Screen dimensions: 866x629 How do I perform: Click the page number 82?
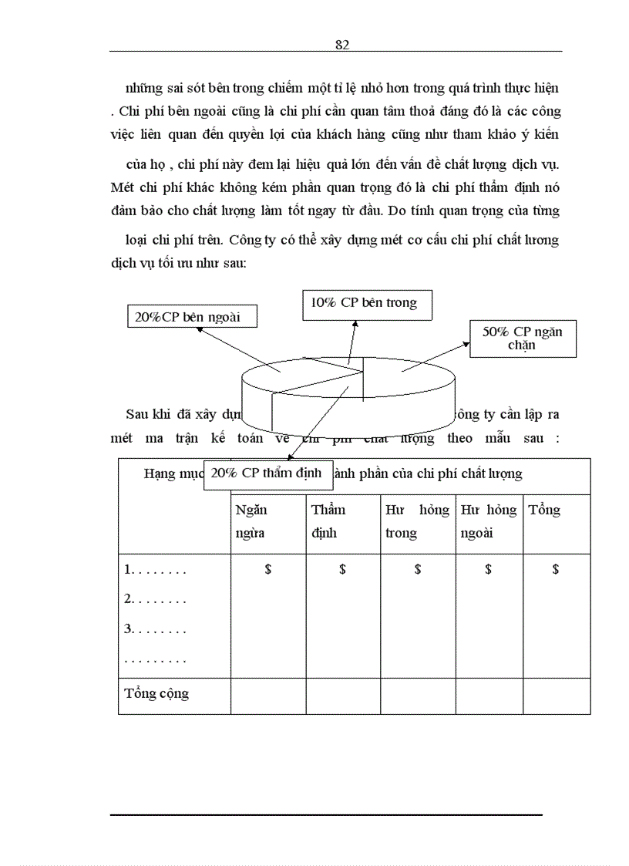(343, 45)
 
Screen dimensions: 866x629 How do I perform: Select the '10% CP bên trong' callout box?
(366, 303)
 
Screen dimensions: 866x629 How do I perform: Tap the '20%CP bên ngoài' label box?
(192, 316)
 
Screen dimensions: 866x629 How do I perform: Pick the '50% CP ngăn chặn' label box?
(523, 339)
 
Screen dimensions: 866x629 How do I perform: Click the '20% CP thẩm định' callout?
(267, 474)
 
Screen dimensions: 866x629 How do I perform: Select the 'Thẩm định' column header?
(329, 521)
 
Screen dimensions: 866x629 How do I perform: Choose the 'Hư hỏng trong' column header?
(417, 521)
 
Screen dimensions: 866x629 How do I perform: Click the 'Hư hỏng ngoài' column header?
(488, 521)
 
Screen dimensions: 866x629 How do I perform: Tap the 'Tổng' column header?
(544, 511)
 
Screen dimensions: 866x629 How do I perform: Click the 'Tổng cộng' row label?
(156, 693)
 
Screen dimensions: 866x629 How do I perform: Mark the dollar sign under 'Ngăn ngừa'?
(267, 570)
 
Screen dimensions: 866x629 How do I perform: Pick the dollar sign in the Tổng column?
(556, 570)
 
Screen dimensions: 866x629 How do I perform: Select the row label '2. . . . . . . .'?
(156, 599)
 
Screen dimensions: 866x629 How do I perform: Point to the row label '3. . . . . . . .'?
(156, 629)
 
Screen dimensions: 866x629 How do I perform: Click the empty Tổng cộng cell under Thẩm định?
(343, 696)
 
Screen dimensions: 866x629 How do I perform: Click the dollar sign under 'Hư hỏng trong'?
(418, 570)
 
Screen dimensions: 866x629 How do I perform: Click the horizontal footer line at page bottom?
(326, 814)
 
